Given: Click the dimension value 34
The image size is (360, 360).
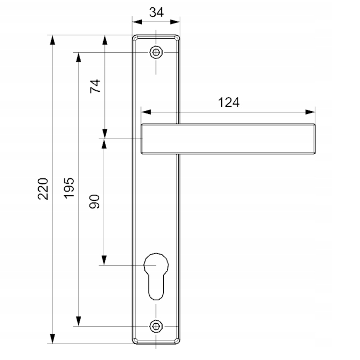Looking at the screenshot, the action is point(156,12).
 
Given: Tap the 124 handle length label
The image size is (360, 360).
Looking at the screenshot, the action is point(229,102).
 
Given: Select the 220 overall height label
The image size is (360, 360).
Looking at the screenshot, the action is point(43,189).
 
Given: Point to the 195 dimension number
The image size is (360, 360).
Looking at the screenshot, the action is point(69,188).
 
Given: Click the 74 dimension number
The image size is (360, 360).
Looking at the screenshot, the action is point(95,86).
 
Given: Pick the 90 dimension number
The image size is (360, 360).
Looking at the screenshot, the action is point(95,202).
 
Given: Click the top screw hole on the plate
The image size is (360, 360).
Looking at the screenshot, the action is point(156,52).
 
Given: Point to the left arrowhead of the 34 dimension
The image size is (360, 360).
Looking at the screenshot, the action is point(137,22).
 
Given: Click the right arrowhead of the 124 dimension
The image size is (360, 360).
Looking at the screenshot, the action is point(310,112).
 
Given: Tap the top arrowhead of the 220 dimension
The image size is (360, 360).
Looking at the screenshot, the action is point(52,40).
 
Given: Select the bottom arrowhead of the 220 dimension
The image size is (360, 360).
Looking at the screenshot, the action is point(52,339).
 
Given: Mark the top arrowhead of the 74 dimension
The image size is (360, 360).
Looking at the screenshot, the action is point(105,40).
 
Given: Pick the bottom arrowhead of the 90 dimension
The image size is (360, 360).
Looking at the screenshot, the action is point(104,260).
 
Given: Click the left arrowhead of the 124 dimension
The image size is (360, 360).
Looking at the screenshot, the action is point(146,112).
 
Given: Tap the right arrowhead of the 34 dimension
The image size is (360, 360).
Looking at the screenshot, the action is point(175,22).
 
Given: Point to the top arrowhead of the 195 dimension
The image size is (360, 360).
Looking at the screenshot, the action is point(79,57).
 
